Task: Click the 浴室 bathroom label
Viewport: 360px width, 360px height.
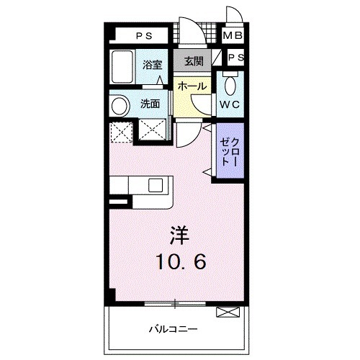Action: pos(153,65)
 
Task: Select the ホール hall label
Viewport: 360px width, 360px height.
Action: pos(192,86)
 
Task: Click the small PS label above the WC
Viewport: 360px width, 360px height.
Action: pos(235,58)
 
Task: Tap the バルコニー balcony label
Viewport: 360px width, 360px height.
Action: pos(173,330)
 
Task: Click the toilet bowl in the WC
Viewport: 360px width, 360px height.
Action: pos(230,85)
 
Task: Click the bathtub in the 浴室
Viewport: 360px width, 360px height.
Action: pos(122,67)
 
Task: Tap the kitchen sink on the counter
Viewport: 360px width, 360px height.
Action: pos(156,184)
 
